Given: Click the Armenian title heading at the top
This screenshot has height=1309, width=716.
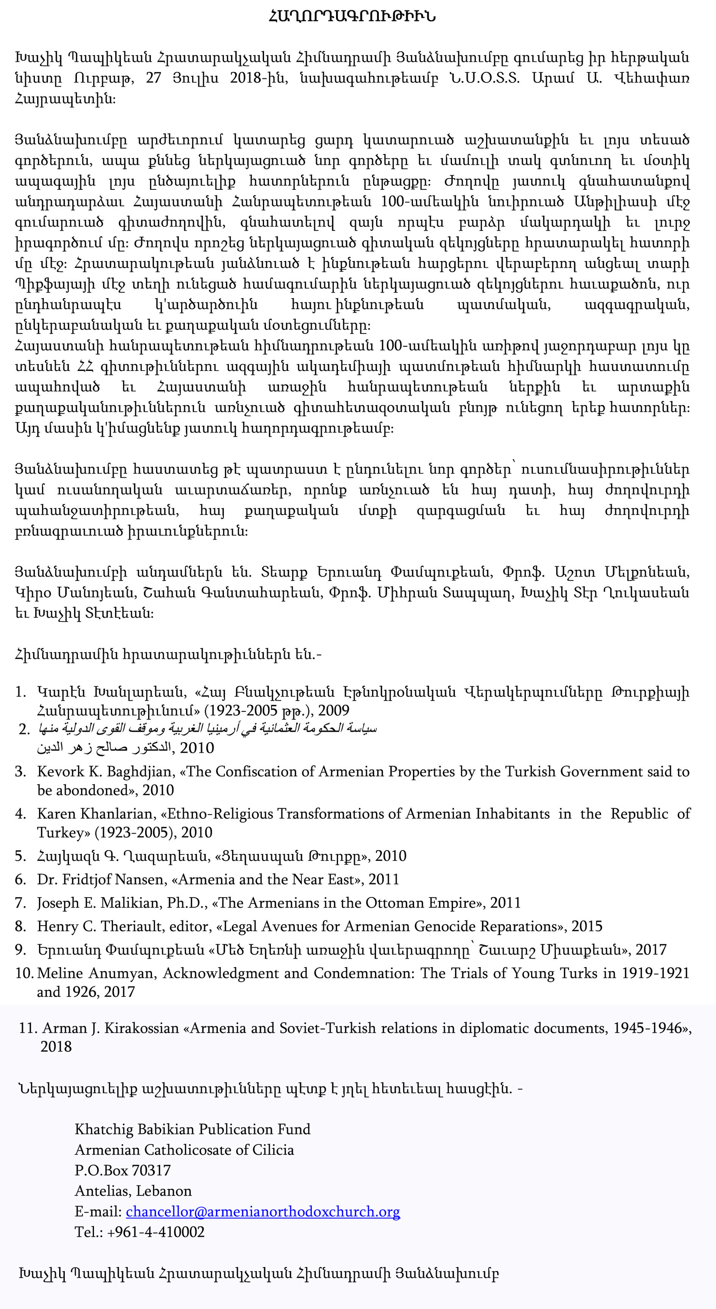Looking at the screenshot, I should [x=352, y=16].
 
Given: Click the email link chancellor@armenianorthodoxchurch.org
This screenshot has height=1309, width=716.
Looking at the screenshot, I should [x=263, y=1211].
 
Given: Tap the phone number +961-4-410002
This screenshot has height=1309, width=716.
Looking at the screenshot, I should [x=155, y=1232].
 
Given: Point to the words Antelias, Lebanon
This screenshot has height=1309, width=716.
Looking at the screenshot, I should [x=133, y=1190].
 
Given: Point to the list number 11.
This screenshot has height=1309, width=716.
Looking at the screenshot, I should [x=28, y=1027].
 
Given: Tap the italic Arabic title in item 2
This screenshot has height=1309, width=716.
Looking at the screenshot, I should [x=207, y=729].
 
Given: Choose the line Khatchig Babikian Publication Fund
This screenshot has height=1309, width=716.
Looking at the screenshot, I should [x=192, y=1129].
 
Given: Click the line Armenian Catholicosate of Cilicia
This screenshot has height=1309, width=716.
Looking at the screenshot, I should [x=184, y=1149].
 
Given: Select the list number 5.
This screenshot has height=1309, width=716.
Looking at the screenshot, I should [x=20, y=856].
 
